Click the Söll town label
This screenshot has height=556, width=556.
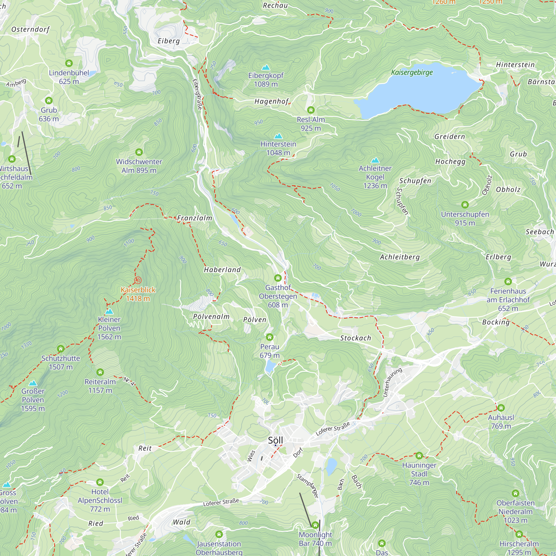(275, 440)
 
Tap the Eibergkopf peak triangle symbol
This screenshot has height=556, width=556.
(265, 68)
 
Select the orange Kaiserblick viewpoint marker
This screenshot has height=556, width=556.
(138, 280)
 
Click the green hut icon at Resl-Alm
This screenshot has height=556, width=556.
(311, 110)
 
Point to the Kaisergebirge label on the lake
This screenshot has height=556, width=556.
(411, 72)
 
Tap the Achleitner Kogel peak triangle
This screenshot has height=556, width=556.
(375, 160)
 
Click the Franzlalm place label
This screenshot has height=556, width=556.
(195, 218)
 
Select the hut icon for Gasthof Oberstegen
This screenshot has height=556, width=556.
(278, 278)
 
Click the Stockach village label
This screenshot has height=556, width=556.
(355, 338)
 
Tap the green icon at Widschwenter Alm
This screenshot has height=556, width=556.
(139, 152)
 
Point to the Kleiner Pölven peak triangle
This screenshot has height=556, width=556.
(109, 311)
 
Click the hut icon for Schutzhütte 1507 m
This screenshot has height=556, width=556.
(60, 349)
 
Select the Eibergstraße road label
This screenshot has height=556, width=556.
(197, 95)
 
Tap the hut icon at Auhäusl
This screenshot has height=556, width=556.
(501, 408)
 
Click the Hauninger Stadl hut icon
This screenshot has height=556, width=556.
(419, 456)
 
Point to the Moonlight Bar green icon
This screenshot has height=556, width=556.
(315, 525)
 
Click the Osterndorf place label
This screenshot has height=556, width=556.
(30, 29)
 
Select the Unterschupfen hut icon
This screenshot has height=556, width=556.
(465, 205)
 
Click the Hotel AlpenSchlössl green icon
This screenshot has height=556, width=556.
(100, 482)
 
